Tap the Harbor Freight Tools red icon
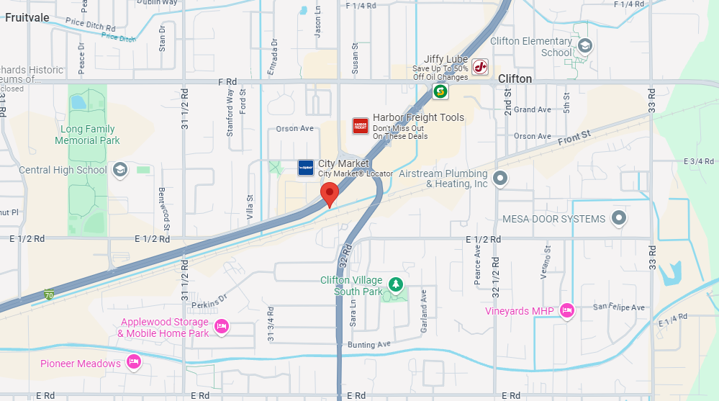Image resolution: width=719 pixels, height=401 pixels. pos(360,126)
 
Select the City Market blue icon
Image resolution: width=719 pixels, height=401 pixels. pos(306,168)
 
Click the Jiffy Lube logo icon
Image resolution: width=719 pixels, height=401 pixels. pos(481,67)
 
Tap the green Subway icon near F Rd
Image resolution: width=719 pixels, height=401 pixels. pos(440,91)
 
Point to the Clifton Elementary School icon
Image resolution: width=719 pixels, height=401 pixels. pos(584,47)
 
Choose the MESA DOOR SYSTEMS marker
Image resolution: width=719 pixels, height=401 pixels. pos(618,218)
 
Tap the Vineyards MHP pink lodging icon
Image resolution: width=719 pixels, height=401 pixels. pos(566,311)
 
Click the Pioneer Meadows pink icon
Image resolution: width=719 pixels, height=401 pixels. pos(133,362)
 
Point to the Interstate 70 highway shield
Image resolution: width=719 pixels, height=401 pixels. pos(49,294)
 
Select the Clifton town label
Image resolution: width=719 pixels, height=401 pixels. pos(515,78)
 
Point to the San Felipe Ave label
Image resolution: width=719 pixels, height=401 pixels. pos(618,307)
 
